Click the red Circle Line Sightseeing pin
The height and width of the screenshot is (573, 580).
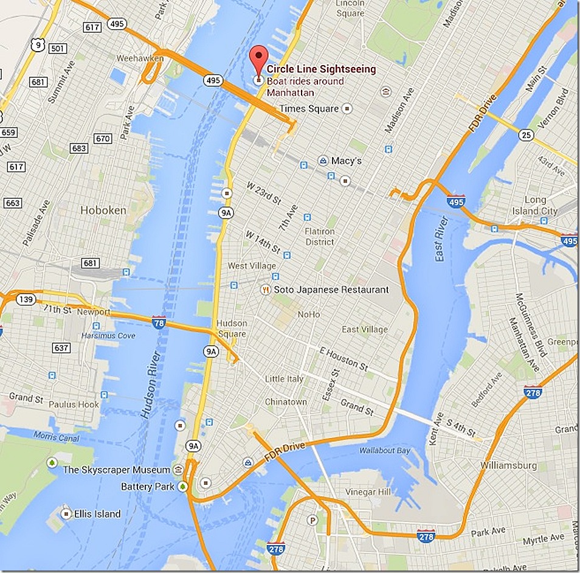pyautogui.click(x=259, y=57)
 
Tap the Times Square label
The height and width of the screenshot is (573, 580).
pyautogui.click(x=308, y=109)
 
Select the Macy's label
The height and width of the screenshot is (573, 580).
pyautogui.click(x=346, y=161)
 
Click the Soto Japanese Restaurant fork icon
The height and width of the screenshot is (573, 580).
pyautogui.click(x=265, y=290)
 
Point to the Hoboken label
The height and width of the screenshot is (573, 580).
pyautogui.click(x=103, y=210)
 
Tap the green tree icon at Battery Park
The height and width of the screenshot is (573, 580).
pyautogui.click(x=183, y=487)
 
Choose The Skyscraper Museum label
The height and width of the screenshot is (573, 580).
pyautogui.click(x=117, y=470)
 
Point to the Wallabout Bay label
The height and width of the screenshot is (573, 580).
pyautogui.click(x=384, y=451)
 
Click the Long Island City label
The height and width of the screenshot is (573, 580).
pyautogui.click(x=540, y=206)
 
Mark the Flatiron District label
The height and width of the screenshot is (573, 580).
pyautogui.click(x=320, y=237)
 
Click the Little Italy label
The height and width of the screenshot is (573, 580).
pyautogui.click(x=284, y=379)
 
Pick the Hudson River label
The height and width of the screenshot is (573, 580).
pyautogui.click(x=151, y=384)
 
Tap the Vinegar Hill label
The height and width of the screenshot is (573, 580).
pyautogui.click(x=364, y=491)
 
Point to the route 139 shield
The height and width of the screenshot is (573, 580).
pyautogui.click(x=27, y=299)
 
